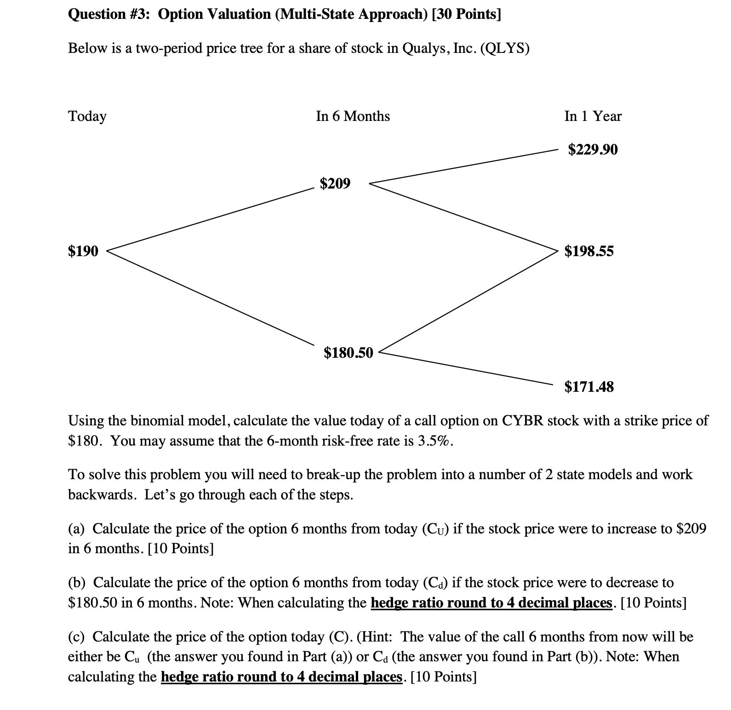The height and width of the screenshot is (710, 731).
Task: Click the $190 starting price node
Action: [x=83, y=251]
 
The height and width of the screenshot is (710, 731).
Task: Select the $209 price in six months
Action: [x=335, y=183]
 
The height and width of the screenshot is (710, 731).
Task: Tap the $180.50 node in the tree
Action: [x=348, y=353]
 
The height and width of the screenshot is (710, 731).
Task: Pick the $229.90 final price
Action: [x=593, y=149]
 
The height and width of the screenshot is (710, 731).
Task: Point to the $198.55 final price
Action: [x=588, y=251]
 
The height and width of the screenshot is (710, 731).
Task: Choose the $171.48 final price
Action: [x=588, y=387]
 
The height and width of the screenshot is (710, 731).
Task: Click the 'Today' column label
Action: [x=87, y=116]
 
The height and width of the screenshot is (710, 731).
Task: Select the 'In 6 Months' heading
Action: [x=353, y=116]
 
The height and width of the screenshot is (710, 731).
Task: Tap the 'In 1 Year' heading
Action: [x=593, y=116]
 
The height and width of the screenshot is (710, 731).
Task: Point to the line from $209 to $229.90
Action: [x=464, y=166]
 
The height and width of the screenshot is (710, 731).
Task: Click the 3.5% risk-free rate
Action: [x=435, y=441]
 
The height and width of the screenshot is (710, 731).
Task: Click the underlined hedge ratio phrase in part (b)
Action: [x=491, y=602]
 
